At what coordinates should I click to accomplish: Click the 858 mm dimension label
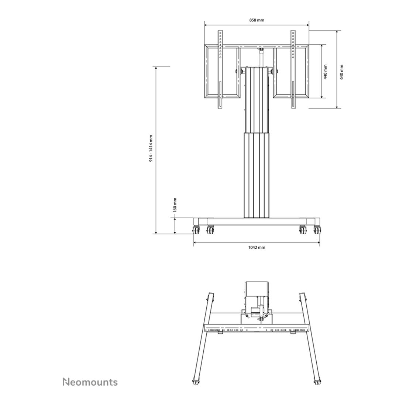click(257, 20)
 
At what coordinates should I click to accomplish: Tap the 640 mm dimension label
click(341, 72)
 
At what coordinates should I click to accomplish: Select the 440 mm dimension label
click(326, 72)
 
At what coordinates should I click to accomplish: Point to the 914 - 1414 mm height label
click(151, 149)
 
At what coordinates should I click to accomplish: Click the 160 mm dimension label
click(175, 205)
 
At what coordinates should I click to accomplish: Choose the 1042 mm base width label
click(257, 247)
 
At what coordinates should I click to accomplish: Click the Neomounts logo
click(90, 382)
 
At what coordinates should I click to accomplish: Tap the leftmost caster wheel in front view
click(196, 230)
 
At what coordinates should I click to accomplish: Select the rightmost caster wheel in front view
click(317, 230)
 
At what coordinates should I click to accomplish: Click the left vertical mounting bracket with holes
click(220, 69)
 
